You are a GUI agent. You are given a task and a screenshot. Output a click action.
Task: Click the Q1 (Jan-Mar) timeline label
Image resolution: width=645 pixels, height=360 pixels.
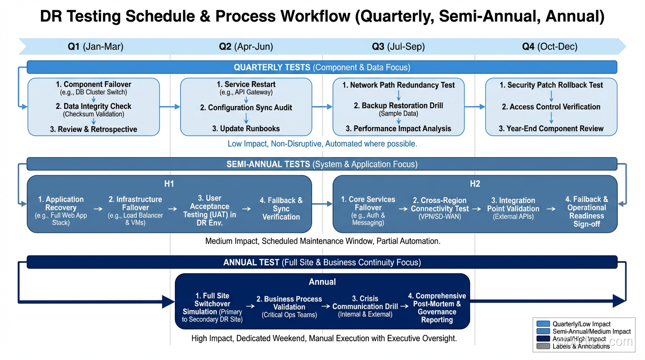point(95,46)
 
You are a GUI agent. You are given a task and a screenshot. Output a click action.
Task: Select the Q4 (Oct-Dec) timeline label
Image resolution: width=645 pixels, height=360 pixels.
point(550,46)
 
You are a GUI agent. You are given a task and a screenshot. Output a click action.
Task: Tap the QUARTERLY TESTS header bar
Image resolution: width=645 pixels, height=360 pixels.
point(322,67)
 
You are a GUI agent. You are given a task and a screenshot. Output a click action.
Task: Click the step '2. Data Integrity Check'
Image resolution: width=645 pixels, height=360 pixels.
point(94,106)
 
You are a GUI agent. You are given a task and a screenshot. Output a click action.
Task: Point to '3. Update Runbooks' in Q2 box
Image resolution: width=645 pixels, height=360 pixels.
point(246,128)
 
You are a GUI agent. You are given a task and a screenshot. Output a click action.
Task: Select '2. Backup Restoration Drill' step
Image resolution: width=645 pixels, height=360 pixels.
point(398,105)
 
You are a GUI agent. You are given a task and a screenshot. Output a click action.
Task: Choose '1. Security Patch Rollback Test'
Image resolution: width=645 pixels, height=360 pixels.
point(551,85)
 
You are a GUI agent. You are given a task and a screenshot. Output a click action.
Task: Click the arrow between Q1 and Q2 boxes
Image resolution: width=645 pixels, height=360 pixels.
point(170,107)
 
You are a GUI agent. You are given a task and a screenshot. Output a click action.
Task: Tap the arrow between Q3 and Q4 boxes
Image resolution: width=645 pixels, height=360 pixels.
point(475,107)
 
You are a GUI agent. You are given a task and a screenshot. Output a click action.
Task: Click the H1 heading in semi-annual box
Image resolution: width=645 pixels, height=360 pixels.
point(169,184)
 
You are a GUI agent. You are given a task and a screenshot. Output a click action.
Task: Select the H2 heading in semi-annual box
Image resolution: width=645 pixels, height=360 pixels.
point(475,184)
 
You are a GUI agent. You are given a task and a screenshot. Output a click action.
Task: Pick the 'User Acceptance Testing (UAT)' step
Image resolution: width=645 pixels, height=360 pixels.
point(210,210)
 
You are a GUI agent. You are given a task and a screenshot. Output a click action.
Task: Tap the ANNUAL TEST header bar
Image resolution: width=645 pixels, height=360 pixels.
point(322,262)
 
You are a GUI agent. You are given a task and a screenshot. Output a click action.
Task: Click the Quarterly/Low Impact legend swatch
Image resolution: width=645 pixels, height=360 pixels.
point(543,324)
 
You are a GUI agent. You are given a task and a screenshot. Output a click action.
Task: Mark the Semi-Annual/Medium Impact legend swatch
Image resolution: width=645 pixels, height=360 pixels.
point(543,331)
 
